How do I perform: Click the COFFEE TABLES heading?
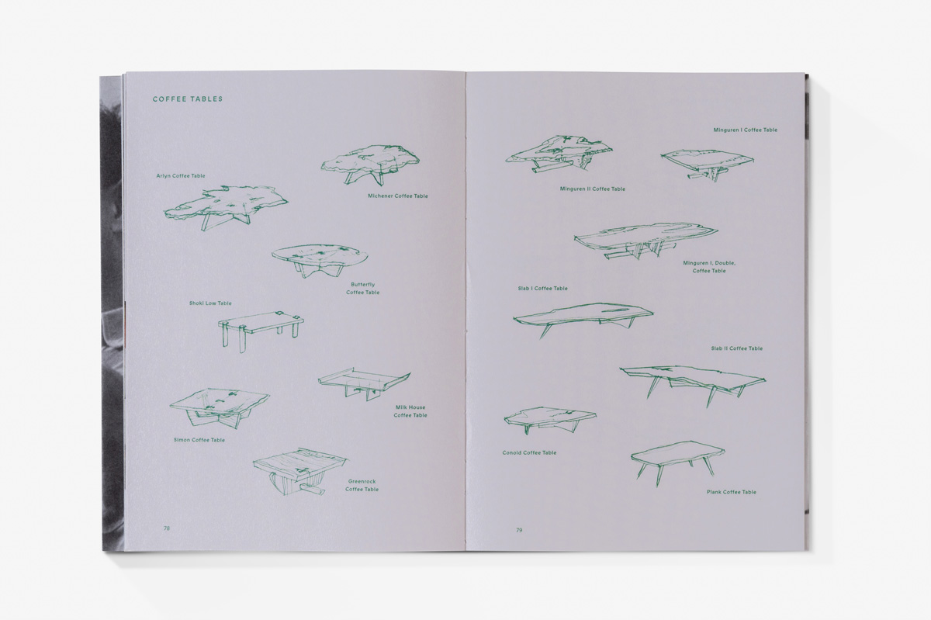pyautogui.click(x=188, y=99)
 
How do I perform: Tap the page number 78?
pyautogui.click(x=167, y=528)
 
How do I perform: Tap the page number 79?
pyautogui.click(x=519, y=530)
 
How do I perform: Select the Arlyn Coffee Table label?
pyautogui.click(x=181, y=176)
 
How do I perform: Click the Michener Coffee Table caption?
pyautogui.click(x=398, y=196)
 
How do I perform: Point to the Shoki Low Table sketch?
pyautogui.click(x=261, y=331)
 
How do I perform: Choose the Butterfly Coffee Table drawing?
pyautogui.click(x=320, y=260)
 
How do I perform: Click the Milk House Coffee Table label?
pyautogui.click(x=410, y=411)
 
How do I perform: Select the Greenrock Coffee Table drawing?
pyautogui.click(x=301, y=472)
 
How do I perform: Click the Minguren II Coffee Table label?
pyautogui.click(x=592, y=189)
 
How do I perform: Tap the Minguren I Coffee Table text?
pyautogui.click(x=746, y=130)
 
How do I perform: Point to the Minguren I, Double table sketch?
pyautogui.click(x=646, y=241)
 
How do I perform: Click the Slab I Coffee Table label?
pyautogui.click(x=542, y=288)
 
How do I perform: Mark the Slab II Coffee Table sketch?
pyautogui.click(x=693, y=386)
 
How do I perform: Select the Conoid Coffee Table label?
pyautogui.click(x=529, y=452)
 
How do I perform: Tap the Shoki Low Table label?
pyautogui.click(x=210, y=303)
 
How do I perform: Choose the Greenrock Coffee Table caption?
pyautogui.click(x=362, y=485)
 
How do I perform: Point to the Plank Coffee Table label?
pyautogui.click(x=732, y=492)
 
